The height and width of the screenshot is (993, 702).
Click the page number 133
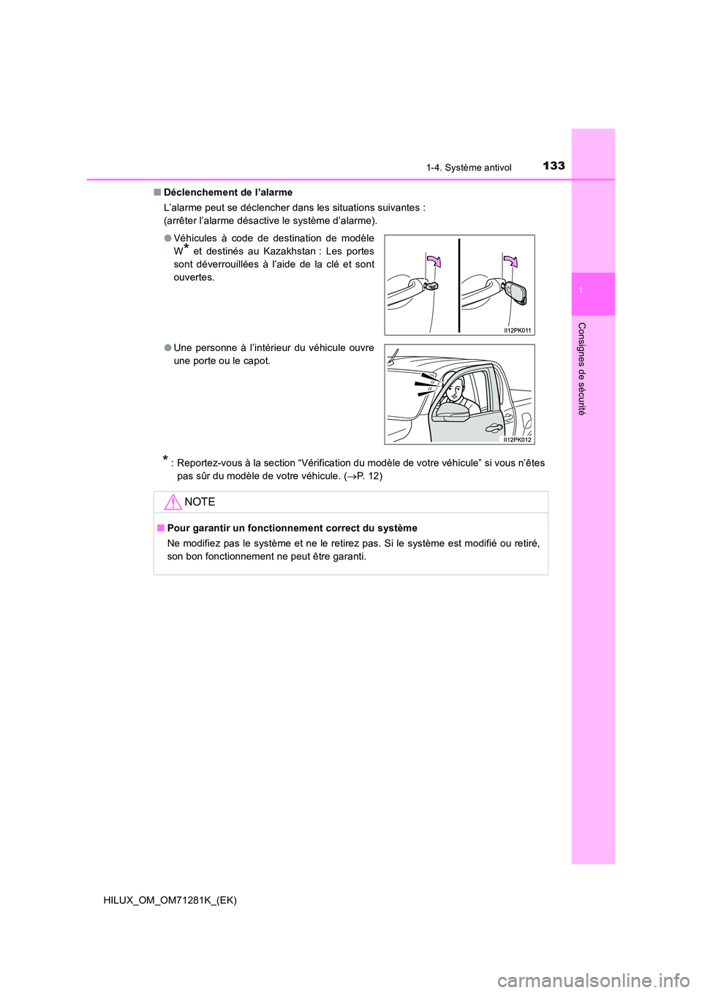(x=554, y=165)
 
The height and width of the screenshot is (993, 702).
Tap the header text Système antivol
(x=478, y=167)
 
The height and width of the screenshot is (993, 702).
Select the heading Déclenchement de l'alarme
(x=227, y=192)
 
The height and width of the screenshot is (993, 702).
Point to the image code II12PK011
(x=518, y=331)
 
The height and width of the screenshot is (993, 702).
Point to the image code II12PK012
(x=518, y=439)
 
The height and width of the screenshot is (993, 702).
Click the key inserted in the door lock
(x=516, y=292)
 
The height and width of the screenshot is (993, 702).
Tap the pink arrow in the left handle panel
(x=434, y=261)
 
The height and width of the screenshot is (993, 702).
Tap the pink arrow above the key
(x=510, y=262)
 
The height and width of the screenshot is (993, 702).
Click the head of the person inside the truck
(x=454, y=388)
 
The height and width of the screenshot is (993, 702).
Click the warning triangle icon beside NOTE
(x=173, y=502)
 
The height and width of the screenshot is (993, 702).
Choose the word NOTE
(x=200, y=502)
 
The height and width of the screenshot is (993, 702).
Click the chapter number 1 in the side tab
(x=581, y=291)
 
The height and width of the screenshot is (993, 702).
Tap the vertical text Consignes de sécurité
(x=582, y=369)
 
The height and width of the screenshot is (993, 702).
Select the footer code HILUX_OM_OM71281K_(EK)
(x=170, y=900)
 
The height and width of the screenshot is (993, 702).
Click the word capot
(x=256, y=360)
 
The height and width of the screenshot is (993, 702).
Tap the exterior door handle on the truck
(x=495, y=427)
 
